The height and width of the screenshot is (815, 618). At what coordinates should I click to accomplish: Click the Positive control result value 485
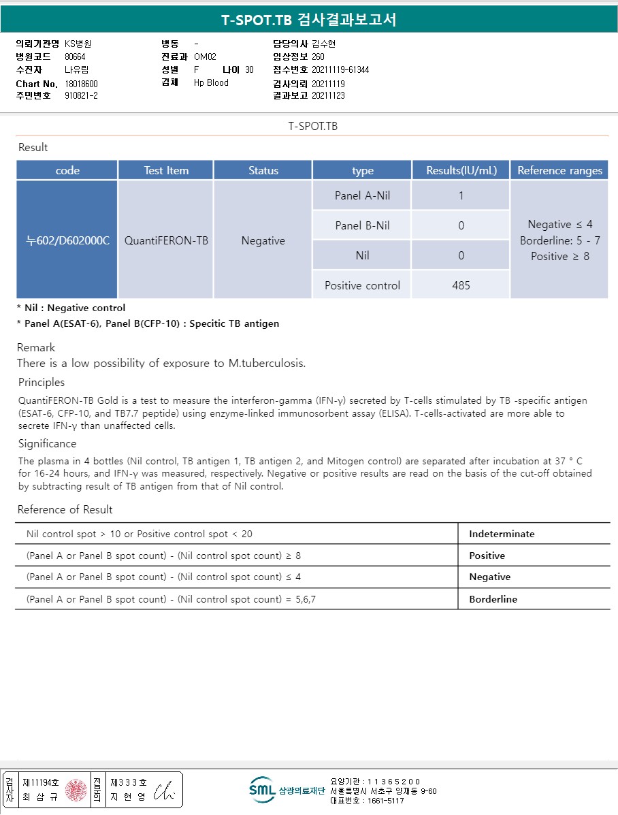pyautogui.click(x=461, y=285)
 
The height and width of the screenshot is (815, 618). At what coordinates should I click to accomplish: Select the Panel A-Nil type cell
pyautogui.click(x=362, y=196)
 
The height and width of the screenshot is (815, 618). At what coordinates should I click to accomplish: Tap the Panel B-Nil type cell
pyautogui.click(x=362, y=225)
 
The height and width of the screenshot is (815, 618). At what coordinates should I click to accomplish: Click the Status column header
pyautogui.click(x=263, y=170)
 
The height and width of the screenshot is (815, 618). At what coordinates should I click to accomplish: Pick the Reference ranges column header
pyautogui.click(x=559, y=170)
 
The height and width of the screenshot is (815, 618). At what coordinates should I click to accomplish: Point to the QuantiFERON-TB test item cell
pyautogui.click(x=166, y=240)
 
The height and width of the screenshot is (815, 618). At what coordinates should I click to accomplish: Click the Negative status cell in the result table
pyautogui.click(x=263, y=240)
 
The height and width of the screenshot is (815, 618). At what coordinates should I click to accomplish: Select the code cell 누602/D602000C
pyautogui.click(x=67, y=240)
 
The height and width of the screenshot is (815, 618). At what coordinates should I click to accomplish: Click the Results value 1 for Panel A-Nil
pyautogui.click(x=461, y=196)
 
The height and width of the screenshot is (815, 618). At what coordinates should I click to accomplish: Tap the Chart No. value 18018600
pyautogui.click(x=82, y=83)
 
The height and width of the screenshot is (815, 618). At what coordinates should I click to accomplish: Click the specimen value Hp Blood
pyautogui.click(x=211, y=82)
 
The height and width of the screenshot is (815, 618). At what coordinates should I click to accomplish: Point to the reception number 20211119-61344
pyautogui.click(x=340, y=69)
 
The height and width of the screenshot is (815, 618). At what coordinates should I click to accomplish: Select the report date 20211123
pyautogui.click(x=328, y=95)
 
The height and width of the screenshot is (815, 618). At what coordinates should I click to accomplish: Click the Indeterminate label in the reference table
pyautogui.click(x=502, y=534)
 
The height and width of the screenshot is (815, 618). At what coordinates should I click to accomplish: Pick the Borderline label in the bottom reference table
pyautogui.click(x=493, y=599)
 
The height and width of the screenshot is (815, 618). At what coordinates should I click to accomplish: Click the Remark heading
pyautogui.click(x=36, y=347)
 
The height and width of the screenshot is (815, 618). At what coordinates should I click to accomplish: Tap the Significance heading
pyautogui.click(x=47, y=443)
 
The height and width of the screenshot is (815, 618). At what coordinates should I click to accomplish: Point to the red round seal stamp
pyautogui.click(x=76, y=790)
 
